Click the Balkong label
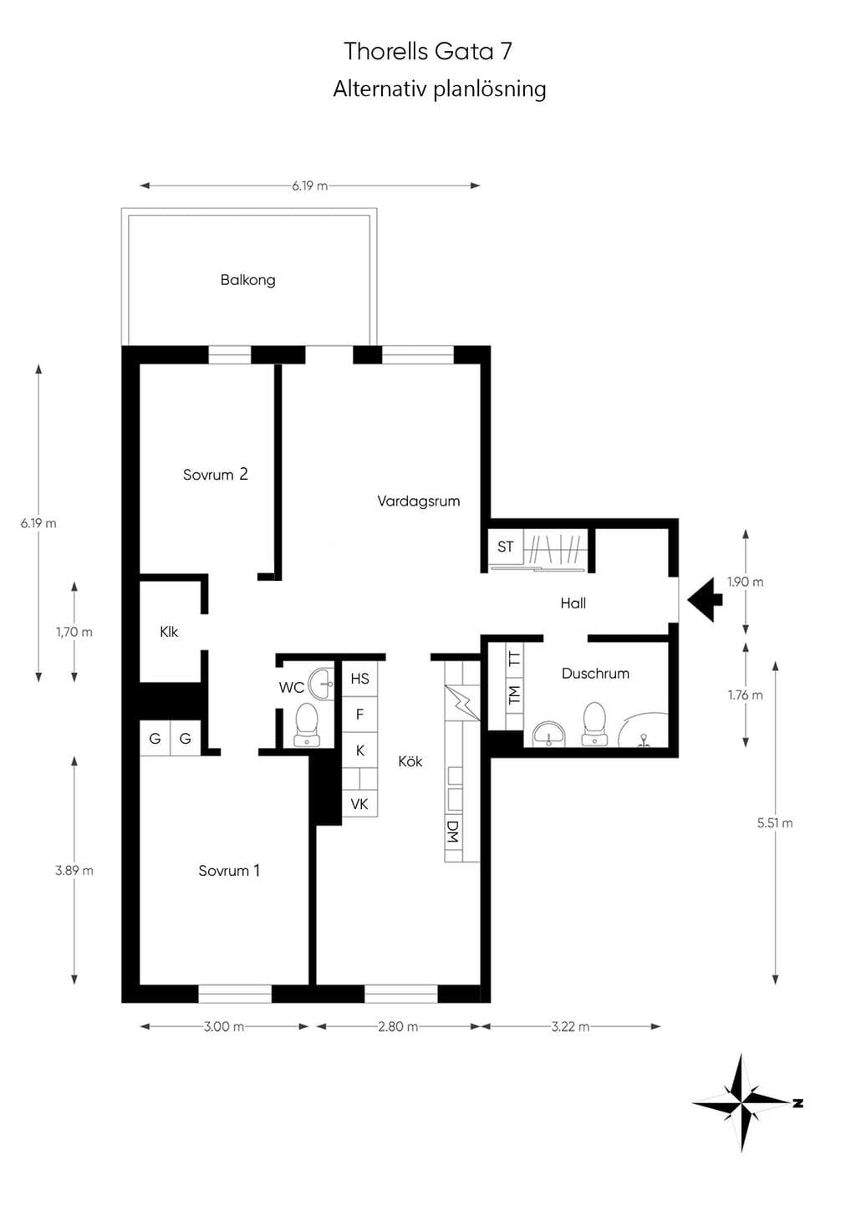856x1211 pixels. point(247,280)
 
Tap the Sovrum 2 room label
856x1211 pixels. point(215,474)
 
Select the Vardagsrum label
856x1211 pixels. point(419,501)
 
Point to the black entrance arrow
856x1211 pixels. point(706,599)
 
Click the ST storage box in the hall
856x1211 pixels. point(506,547)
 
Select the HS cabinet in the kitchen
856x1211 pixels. point(359,679)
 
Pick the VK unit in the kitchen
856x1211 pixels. point(359,804)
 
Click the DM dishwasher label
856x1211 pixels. point(453,832)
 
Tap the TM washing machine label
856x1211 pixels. point(514,695)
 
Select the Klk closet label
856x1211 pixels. point(169,632)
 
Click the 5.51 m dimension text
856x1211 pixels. point(775,823)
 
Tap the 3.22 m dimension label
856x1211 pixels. point(570,1026)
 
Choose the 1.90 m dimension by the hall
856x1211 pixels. point(745,582)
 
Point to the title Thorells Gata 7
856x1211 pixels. point(428,51)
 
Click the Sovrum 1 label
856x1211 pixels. point(229,870)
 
